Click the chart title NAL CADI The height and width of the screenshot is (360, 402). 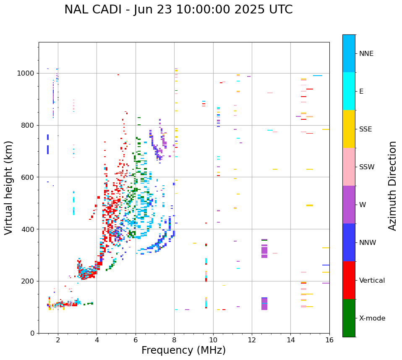pyautogui.click(x=178, y=10)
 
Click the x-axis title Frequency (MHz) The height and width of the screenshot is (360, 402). pyautogui.click(x=183, y=350)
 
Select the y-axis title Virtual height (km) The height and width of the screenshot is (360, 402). pyautogui.click(x=9, y=187)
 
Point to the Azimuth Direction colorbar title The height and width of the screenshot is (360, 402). pyautogui.click(x=392, y=185)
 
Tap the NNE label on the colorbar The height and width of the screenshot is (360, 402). pyautogui.click(x=366, y=54)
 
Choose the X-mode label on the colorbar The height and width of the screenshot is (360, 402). pyautogui.click(x=372, y=318)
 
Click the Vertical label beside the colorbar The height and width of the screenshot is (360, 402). pyautogui.click(x=372, y=281)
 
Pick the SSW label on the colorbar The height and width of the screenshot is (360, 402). pyautogui.click(x=366, y=167)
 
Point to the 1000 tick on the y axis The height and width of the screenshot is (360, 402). pyautogui.click(x=27, y=73)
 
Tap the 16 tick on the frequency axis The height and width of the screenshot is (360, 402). pyautogui.click(x=329, y=340)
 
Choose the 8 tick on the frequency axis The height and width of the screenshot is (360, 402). pyautogui.click(x=174, y=340)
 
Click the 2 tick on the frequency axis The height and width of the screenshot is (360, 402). pyautogui.click(x=58, y=340)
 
